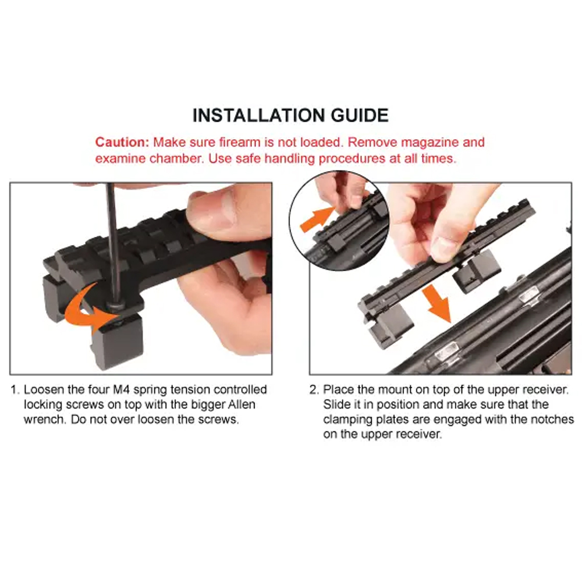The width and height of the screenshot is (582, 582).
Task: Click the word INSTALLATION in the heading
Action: point(259,115)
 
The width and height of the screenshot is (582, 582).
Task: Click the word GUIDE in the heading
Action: point(360,115)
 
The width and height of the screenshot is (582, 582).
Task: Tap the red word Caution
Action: point(122,142)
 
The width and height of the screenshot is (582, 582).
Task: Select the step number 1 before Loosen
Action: point(15,390)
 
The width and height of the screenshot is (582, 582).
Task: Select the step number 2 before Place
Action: point(314,390)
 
